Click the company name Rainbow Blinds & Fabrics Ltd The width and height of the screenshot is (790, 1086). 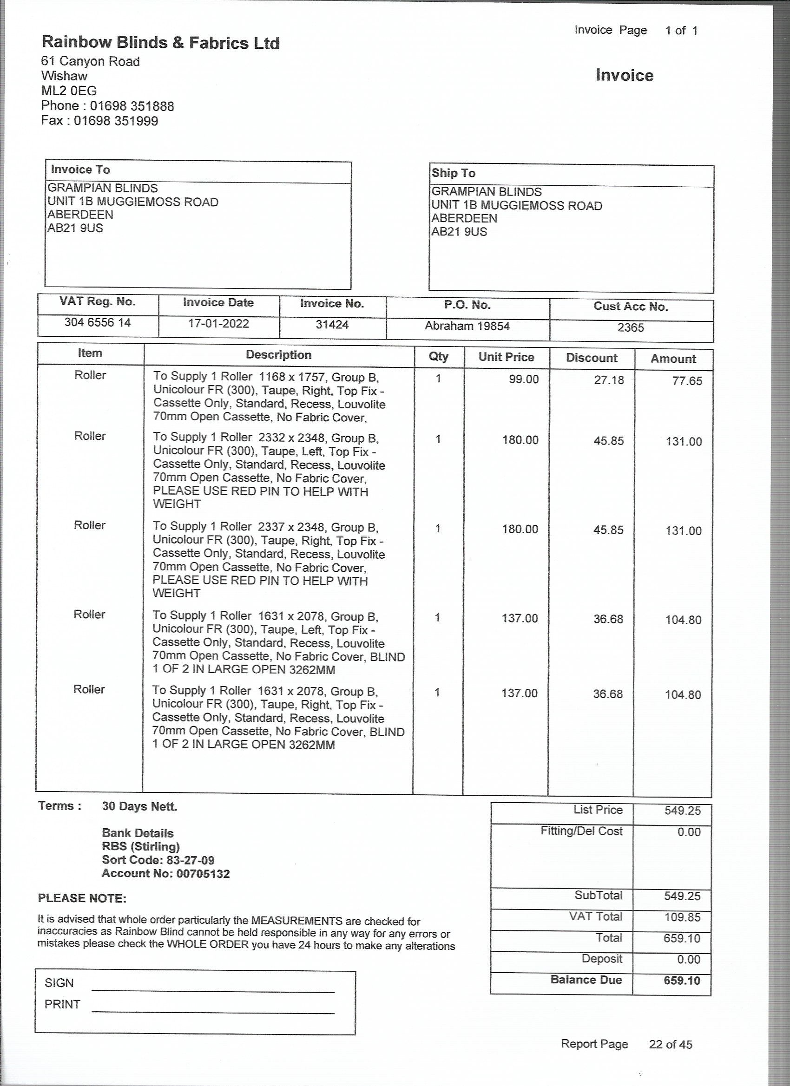point(160,43)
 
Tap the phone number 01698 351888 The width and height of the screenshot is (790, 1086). point(132,106)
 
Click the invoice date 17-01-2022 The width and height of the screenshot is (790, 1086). point(218,324)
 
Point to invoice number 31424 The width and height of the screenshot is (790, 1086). point(332,325)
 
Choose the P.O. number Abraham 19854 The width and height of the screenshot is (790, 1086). point(467,326)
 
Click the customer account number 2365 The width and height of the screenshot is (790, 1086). point(631,327)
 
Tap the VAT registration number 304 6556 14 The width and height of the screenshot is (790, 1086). point(98,322)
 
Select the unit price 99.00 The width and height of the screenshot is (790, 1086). point(524,379)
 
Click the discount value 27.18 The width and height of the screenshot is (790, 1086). point(609,380)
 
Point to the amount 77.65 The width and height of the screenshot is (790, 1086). point(687,381)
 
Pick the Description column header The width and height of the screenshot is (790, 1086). point(278,355)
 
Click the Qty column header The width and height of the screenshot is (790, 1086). point(438,356)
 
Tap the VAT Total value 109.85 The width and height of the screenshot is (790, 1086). point(682,917)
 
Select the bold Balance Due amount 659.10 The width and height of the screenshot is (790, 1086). point(682,980)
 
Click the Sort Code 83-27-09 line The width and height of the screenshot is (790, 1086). point(158,860)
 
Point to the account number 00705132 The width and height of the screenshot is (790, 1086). point(203,874)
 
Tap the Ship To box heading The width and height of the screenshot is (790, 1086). point(453,173)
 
